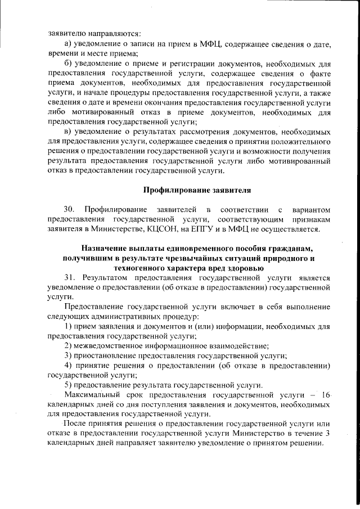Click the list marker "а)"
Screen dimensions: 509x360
(69, 44)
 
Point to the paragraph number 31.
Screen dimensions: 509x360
(70, 277)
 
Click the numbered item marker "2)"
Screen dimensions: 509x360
(69, 345)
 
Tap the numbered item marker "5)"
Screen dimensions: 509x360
(69, 385)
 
